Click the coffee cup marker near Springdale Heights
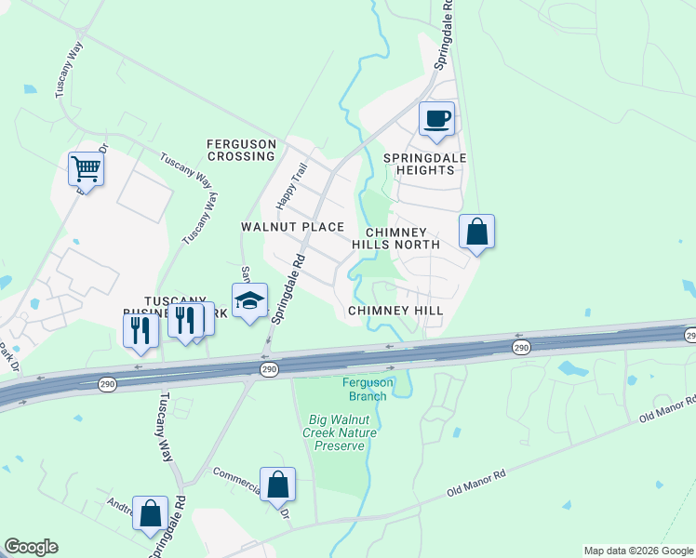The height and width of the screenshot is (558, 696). [436, 119]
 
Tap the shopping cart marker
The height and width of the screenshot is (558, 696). [86, 169]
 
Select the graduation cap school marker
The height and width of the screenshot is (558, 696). [249, 300]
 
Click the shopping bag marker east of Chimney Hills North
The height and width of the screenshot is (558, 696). [476, 232]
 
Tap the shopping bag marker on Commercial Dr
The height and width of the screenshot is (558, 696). [277, 485]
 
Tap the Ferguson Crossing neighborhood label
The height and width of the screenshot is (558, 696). [241, 150]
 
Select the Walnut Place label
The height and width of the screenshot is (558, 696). [292, 227]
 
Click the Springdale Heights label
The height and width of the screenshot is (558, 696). [425, 165]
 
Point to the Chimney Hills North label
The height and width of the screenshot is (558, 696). [395, 238]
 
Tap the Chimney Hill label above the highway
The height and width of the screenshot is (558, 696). [395, 311]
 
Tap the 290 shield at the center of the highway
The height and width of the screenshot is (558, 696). [269, 369]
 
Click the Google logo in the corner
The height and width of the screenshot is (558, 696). [31, 547]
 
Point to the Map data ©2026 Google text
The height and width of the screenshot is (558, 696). [637, 551]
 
